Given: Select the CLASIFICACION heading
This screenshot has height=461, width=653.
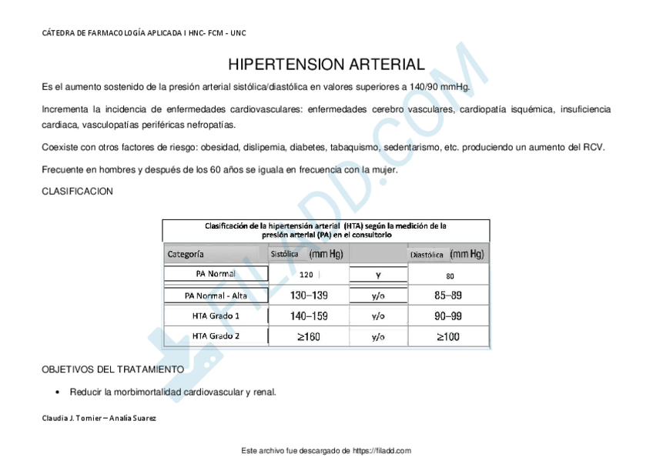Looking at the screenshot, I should [x=77, y=192].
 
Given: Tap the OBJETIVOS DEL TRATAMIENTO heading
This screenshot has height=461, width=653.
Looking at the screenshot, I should [x=112, y=369].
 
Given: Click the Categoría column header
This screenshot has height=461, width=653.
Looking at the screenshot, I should [x=186, y=253].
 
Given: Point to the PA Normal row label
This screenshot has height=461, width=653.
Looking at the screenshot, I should [x=216, y=274].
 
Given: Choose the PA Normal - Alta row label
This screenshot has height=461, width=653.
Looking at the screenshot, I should [x=216, y=295].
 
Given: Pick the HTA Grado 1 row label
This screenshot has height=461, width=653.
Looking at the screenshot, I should [x=216, y=316].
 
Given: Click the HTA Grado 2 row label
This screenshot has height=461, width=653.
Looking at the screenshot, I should [x=216, y=336].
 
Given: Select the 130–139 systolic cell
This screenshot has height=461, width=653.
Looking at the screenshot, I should [x=309, y=295].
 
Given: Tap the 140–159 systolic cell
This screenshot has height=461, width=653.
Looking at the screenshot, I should [x=309, y=316].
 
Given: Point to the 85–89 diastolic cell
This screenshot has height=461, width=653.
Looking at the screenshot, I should [x=448, y=295].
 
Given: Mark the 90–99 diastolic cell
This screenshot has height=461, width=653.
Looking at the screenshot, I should [x=448, y=316].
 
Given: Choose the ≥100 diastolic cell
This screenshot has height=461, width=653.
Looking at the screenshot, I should [x=448, y=336].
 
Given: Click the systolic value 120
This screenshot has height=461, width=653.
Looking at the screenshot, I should [x=306, y=275].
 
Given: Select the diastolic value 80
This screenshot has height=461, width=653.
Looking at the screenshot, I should [x=450, y=275].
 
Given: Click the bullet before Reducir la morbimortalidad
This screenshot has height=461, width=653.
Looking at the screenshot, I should [x=58, y=393].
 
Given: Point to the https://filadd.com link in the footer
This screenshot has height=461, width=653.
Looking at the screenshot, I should [x=382, y=450].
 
